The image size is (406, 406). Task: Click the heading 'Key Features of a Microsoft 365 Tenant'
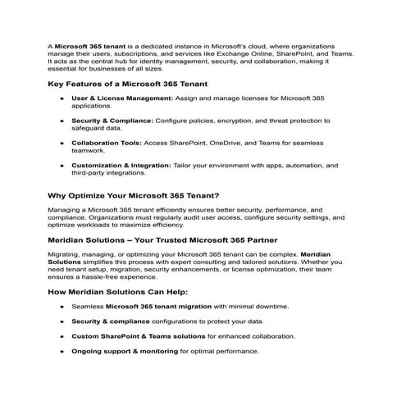[127, 84]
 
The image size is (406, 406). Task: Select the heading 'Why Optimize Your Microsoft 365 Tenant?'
[133, 195]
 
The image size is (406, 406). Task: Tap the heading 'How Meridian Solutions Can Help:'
[118, 291]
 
